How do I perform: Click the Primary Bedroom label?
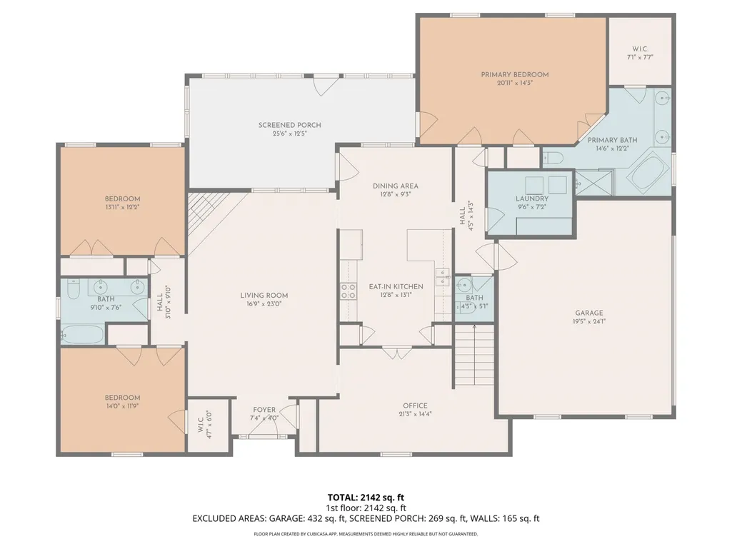pyautogui.click(x=514, y=75)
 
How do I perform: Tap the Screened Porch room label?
pyautogui.click(x=289, y=125)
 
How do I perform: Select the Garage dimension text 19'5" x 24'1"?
pyautogui.click(x=589, y=321)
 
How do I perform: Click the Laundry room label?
pyautogui.click(x=532, y=198)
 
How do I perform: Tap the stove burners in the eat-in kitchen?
pyautogui.click(x=348, y=291)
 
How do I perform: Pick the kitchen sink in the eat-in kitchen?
pyautogui.click(x=441, y=277)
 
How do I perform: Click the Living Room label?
pyautogui.click(x=264, y=295)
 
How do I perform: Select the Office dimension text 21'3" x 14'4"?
pyautogui.click(x=415, y=413)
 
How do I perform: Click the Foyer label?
pyautogui.click(x=264, y=410)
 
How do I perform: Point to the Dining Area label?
pyautogui.click(x=396, y=186)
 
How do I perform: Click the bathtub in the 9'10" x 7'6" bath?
pyautogui.click(x=82, y=334)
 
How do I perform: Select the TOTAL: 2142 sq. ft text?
pyautogui.click(x=366, y=498)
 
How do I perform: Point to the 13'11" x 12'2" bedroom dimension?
pyautogui.click(x=122, y=207)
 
